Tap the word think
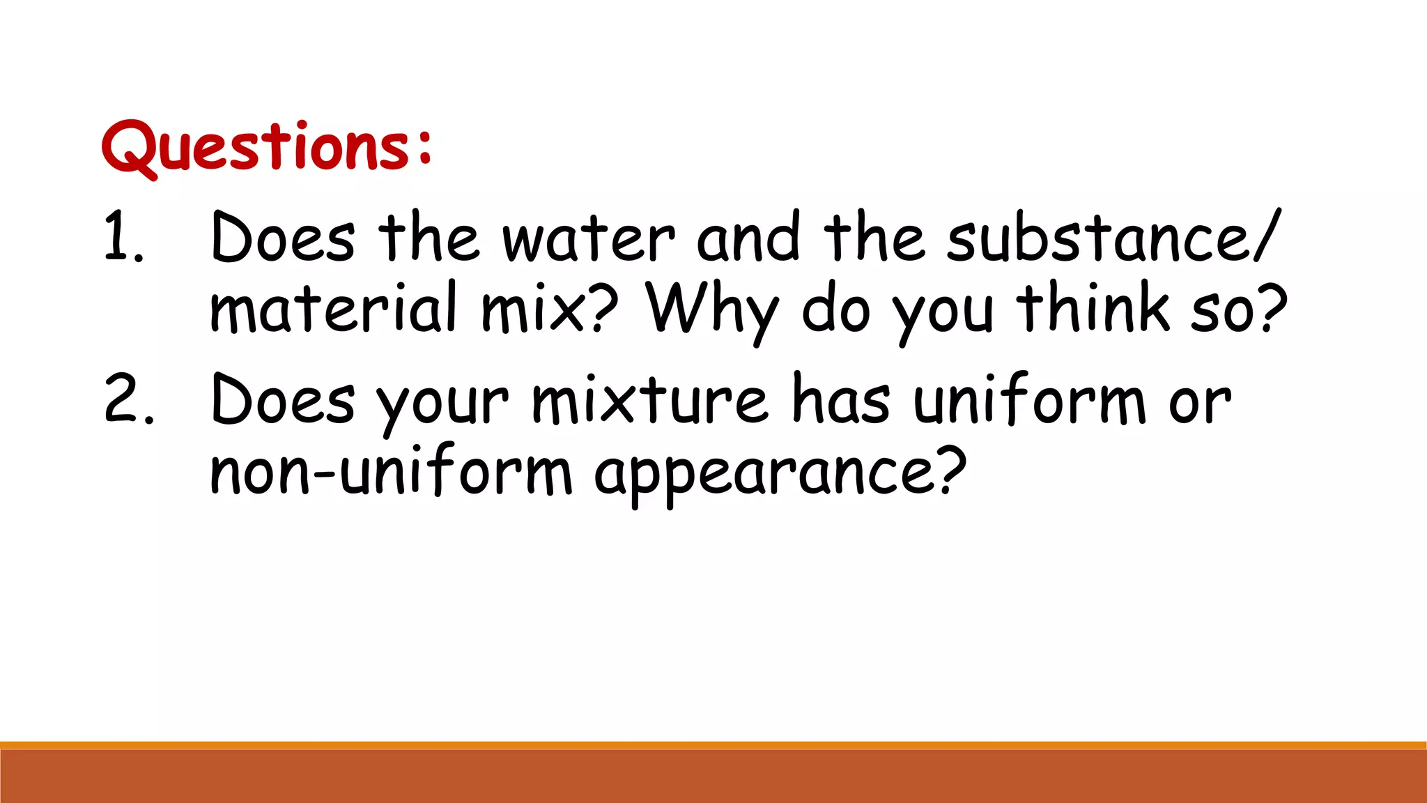(1093, 307)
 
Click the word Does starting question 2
(283, 399)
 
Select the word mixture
(650, 399)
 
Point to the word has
(841, 399)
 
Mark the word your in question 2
(443, 404)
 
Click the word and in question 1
(748, 238)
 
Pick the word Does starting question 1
(283, 238)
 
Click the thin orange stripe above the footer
(713, 745)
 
